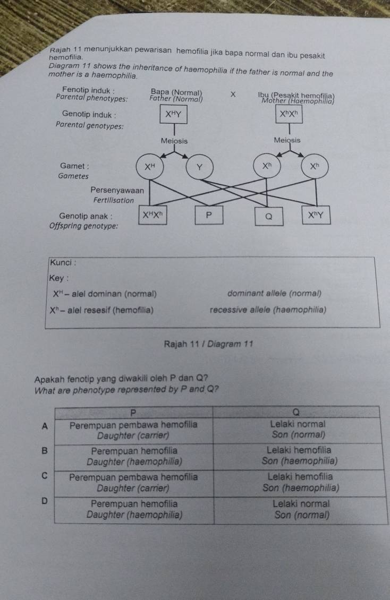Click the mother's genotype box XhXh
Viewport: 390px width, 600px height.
290,114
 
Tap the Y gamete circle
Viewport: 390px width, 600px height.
200,167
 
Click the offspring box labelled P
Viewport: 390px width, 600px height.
208,216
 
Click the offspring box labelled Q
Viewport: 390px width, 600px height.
268,216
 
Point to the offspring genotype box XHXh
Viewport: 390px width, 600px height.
153,216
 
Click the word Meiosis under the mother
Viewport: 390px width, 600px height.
287,140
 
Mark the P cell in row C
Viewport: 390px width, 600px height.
134,481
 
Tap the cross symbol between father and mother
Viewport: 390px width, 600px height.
232,95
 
